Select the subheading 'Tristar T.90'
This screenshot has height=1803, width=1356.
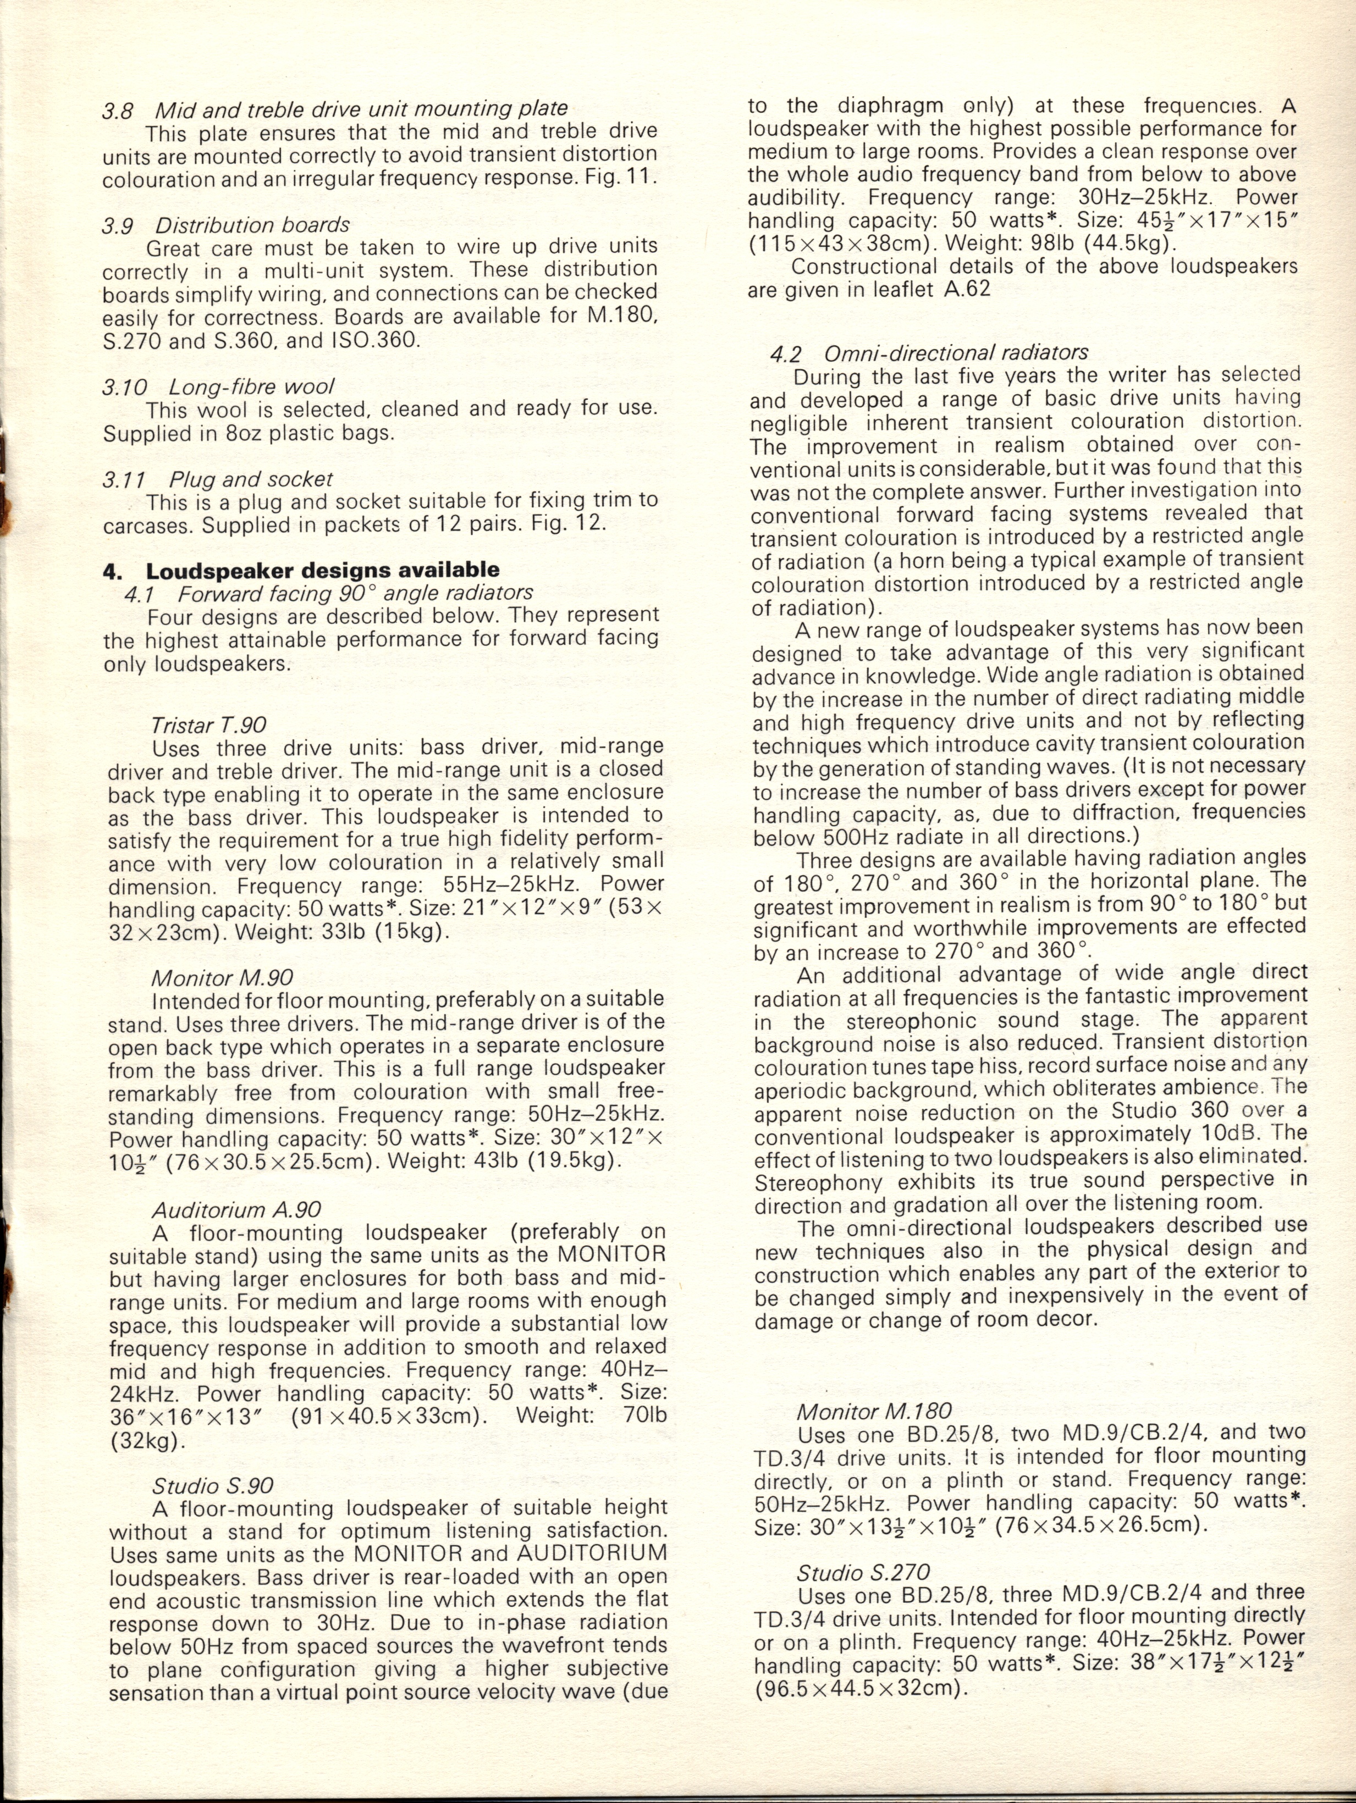[209, 724]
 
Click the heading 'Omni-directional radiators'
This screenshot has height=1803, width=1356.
[956, 353]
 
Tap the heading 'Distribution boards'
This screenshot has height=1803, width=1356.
[253, 224]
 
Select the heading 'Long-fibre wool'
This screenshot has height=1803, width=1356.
[252, 386]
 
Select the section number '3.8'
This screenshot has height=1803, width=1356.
[118, 110]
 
